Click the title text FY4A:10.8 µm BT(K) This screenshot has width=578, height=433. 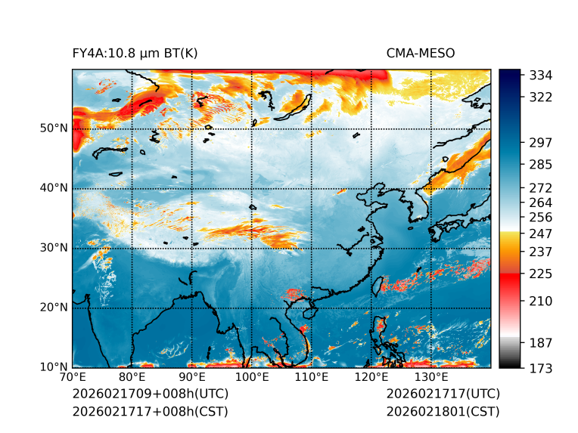135,53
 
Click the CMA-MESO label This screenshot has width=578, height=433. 421,53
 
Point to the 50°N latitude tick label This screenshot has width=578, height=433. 53,128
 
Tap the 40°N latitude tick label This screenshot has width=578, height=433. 53,187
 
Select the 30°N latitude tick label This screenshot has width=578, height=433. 53,247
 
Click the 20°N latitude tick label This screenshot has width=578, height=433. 53,307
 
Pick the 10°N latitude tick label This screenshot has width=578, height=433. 53,367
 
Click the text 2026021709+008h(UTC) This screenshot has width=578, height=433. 150,394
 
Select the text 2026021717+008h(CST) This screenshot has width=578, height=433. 150,411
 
